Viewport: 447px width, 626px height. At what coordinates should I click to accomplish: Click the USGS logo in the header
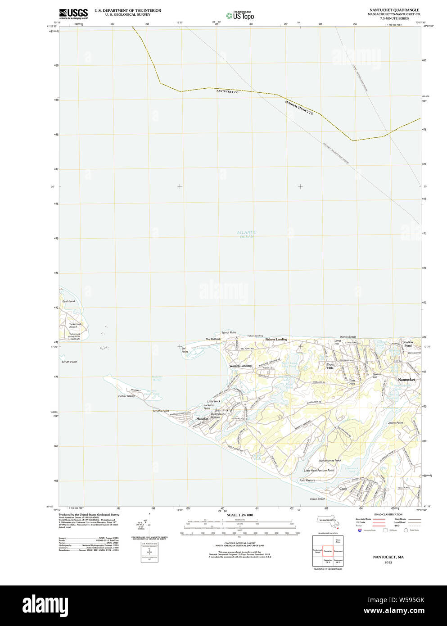click(x=73, y=14)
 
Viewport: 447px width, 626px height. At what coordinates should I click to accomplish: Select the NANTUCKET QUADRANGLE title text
click(x=394, y=10)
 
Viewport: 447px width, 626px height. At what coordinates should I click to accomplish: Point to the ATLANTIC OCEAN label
click(x=247, y=235)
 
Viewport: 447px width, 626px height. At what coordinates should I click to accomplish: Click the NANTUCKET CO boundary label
click(x=227, y=91)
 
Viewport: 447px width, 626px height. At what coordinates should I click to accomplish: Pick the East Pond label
click(x=68, y=301)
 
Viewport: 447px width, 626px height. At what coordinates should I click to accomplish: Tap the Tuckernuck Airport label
click(x=76, y=326)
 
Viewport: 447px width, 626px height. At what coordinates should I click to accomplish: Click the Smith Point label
click(x=69, y=362)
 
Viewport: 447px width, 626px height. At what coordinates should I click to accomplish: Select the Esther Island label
click(x=126, y=396)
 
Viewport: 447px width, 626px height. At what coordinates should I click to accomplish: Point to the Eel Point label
click(x=185, y=350)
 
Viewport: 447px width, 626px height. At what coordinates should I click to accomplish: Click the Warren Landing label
click(x=240, y=366)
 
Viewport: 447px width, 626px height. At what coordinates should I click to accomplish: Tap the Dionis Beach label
click(x=348, y=337)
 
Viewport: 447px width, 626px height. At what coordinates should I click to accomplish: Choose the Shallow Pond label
click(x=408, y=344)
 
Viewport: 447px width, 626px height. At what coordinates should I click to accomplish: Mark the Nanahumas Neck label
click(x=330, y=461)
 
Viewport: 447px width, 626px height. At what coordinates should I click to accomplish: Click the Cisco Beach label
click(x=317, y=499)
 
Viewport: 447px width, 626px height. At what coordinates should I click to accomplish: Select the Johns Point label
click(x=395, y=423)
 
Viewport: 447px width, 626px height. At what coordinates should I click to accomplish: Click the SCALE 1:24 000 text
click(x=239, y=515)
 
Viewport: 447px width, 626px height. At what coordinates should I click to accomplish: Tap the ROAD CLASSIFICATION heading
click(x=388, y=514)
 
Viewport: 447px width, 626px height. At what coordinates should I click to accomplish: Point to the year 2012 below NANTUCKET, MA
click(x=388, y=562)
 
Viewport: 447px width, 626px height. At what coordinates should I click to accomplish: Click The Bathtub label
click(x=213, y=339)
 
